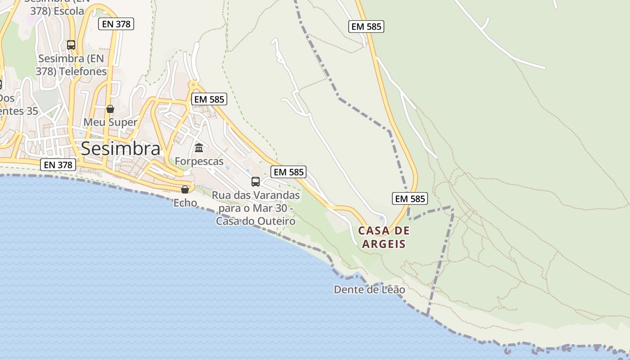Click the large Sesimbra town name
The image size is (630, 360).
click(121, 148)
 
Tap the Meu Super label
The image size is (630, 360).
click(110, 122)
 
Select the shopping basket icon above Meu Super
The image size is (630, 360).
click(110, 109)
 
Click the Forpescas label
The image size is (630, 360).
click(199, 161)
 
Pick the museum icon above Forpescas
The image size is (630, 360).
click(199, 148)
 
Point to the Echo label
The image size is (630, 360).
click(185, 203)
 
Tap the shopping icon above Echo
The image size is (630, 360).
click(185, 189)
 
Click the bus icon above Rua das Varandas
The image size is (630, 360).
click(256, 182)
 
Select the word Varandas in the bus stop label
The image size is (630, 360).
click(276, 195)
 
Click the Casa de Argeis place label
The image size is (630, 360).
click(384, 238)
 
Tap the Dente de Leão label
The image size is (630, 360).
click(369, 290)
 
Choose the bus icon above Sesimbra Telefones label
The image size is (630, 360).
click(71, 45)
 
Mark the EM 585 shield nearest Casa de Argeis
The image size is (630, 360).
click(409, 198)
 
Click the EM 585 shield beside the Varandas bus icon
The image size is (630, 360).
click(289, 171)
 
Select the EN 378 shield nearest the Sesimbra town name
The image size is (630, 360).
click(58, 165)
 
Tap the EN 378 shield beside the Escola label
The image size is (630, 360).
click(116, 24)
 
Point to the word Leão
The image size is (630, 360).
click(393, 290)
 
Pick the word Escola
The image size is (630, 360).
click(69, 11)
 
